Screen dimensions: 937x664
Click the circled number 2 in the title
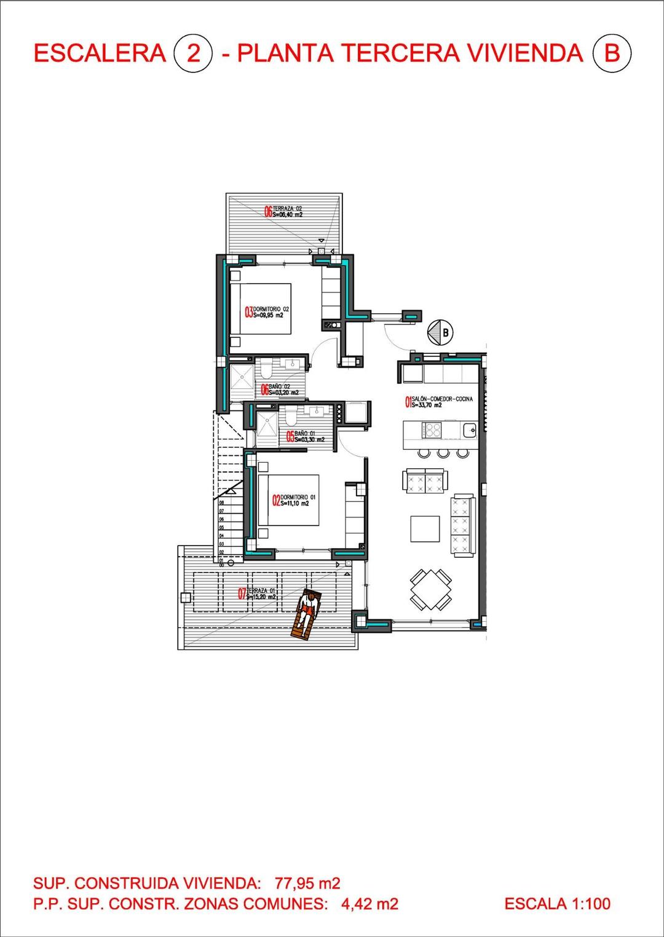[x=193, y=53]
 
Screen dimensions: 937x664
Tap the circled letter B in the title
[x=612, y=53]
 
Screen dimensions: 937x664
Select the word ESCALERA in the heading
[x=100, y=53]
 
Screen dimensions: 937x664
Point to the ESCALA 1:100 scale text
[x=557, y=903]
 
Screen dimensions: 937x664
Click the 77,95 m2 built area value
[x=307, y=884]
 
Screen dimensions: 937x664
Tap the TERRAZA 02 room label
[x=284, y=211]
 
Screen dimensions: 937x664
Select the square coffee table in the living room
[x=425, y=528]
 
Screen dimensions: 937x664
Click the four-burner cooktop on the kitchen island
[x=431, y=429]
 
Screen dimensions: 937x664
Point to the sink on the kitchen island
[x=470, y=429]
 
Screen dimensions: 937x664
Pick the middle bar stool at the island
[x=443, y=453]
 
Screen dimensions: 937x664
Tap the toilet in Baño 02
[x=266, y=369]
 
